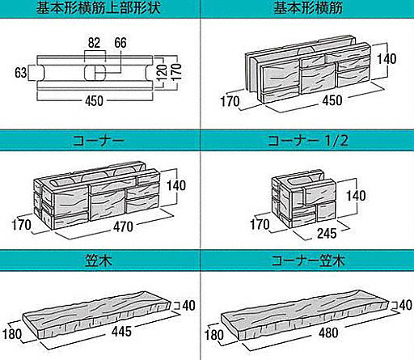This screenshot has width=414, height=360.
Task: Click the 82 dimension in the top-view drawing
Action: pyautogui.click(x=94, y=43)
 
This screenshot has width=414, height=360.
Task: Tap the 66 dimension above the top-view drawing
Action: pyautogui.click(x=120, y=43)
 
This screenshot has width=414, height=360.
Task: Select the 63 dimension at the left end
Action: pyautogui.click(x=21, y=73)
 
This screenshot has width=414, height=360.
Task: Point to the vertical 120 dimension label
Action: pyautogui.click(x=162, y=73)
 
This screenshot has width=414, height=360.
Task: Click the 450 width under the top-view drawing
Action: pyautogui.click(x=94, y=101)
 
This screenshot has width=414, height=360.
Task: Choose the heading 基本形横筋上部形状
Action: pyautogui.click(x=99, y=7)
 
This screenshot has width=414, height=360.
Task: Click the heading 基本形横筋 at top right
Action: pyautogui.click(x=308, y=7)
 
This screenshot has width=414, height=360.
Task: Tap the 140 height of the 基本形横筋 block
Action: pyautogui.click(x=387, y=59)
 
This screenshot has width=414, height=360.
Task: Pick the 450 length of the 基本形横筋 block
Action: pyautogui.click(x=332, y=100)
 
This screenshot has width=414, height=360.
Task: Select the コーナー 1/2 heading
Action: pyautogui.click(x=308, y=141)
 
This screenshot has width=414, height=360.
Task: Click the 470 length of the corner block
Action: pyautogui.click(x=123, y=227)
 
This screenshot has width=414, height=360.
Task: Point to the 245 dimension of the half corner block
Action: pyautogui.click(x=327, y=233)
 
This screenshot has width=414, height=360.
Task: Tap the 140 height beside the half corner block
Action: pyautogui.click(x=356, y=196)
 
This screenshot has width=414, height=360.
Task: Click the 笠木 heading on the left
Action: pyautogui.click(x=99, y=260)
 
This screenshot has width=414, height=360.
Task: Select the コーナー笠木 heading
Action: pyautogui.click(x=308, y=260)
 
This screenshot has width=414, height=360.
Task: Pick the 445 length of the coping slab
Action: pyautogui.click(x=121, y=332)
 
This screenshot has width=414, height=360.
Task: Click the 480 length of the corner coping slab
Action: pyautogui.click(x=328, y=332)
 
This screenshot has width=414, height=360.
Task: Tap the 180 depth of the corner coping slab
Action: pyautogui.click(x=214, y=335)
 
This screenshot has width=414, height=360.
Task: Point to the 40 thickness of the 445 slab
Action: pyautogui.click(x=189, y=306)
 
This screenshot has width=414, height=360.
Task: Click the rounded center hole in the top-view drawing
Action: pyautogui.click(x=95, y=73)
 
